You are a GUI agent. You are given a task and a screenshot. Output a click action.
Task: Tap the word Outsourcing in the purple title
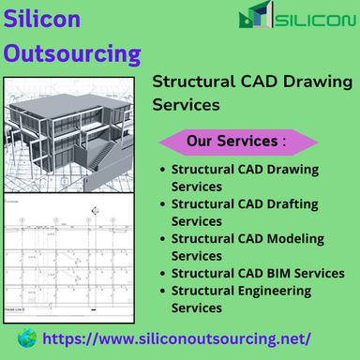point(71,52)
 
